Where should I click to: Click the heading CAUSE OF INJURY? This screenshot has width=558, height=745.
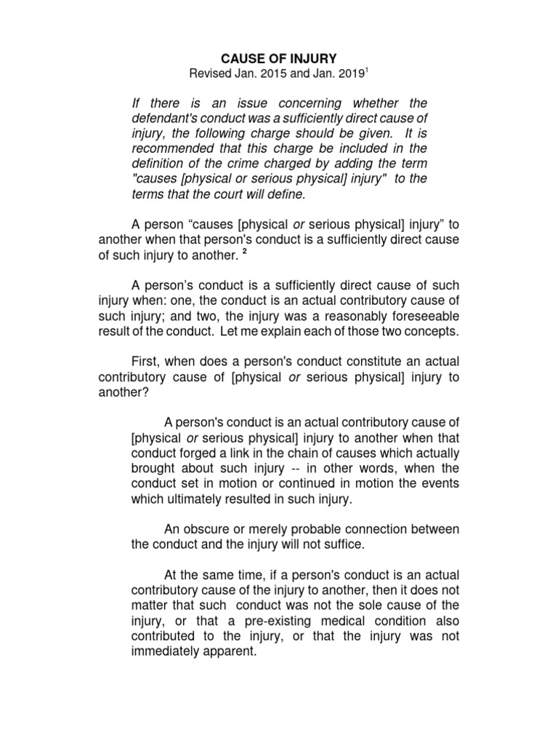click(x=279, y=56)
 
